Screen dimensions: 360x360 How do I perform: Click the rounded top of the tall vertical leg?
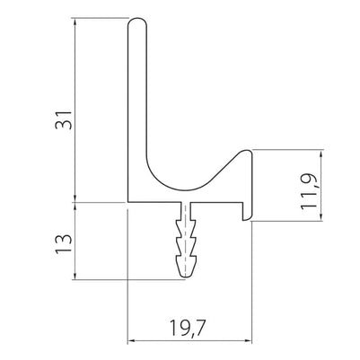138,23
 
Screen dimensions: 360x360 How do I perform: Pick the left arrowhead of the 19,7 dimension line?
133,340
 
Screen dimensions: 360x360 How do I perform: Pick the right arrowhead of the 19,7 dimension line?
249,340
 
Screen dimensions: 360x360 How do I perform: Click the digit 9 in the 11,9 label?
307,169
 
